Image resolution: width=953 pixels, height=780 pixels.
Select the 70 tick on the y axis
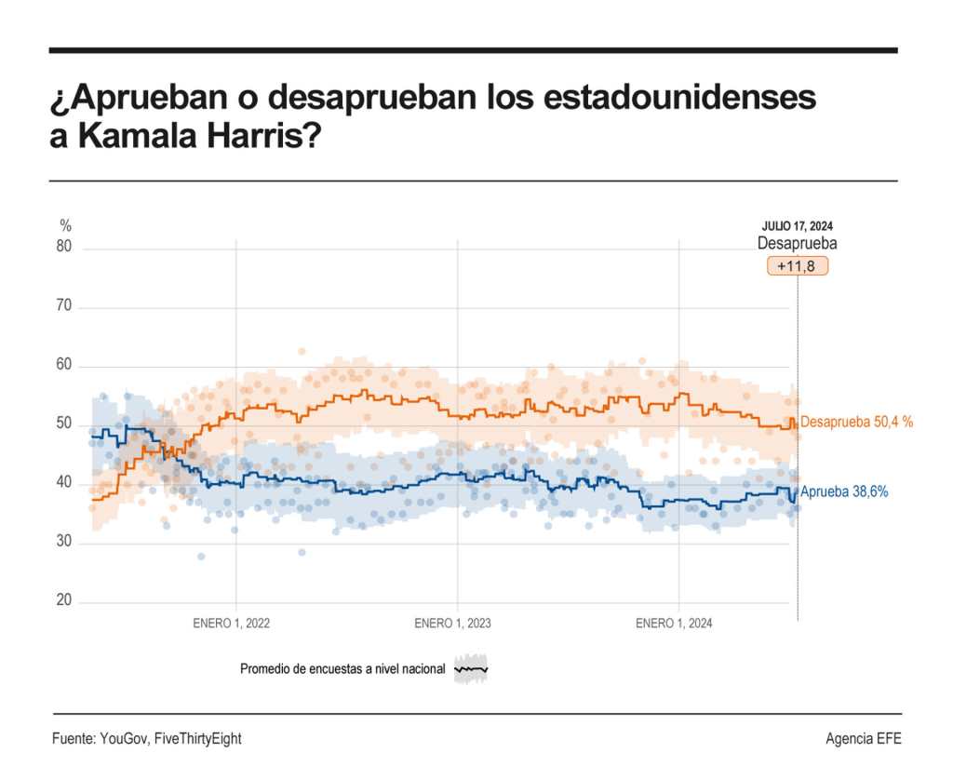[x=64, y=307]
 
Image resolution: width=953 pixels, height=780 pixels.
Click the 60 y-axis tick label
[x=64, y=366]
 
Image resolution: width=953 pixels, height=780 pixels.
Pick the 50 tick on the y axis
[x=64, y=424]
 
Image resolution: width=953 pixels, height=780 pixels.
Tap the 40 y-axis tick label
[x=64, y=483]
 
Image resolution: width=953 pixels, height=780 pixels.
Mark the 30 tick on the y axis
[x=64, y=542]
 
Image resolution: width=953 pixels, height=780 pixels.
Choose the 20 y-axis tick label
[x=64, y=600]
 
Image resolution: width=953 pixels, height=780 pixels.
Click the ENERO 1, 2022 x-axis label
[x=232, y=624]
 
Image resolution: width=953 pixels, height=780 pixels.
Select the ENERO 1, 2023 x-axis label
[x=453, y=624]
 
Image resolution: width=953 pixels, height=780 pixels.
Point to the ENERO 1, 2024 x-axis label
[x=674, y=624]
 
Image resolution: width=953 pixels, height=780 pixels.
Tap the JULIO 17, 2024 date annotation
[x=797, y=226]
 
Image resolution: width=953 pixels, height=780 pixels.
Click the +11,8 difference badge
[x=797, y=266]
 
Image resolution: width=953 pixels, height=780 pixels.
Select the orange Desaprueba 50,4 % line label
[x=856, y=422]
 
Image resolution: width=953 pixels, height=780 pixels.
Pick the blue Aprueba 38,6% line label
[x=844, y=491]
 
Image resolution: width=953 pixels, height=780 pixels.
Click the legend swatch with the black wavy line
[x=471, y=669]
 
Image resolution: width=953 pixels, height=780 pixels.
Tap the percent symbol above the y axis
[x=65, y=225]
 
